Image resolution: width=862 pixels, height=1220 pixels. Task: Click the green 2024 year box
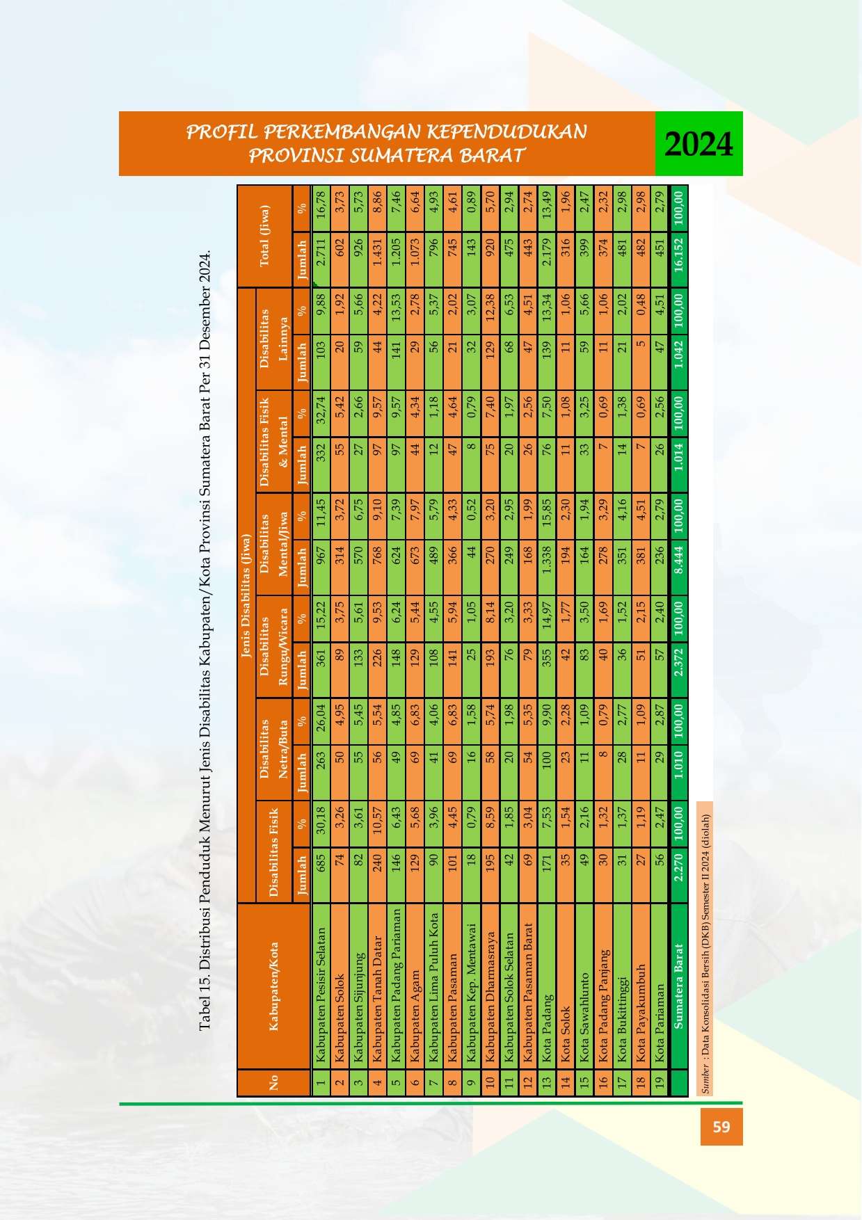699,143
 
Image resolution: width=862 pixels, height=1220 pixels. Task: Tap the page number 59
721,1125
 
